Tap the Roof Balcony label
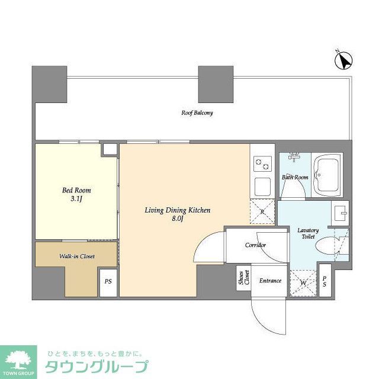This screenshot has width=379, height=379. click(x=197, y=113)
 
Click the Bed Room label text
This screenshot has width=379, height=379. click(x=77, y=191)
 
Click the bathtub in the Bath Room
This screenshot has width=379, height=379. click(x=327, y=175)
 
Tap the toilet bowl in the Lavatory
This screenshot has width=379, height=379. click(x=327, y=245)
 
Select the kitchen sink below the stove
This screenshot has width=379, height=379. click(x=262, y=186)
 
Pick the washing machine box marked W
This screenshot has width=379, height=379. click(x=303, y=283)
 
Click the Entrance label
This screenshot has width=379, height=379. click(x=270, y=281)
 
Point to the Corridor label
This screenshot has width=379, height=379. click(x=255, y=245)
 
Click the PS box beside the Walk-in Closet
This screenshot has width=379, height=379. click(x=108, y=282)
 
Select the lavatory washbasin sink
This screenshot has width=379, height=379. click(x=342, y=213)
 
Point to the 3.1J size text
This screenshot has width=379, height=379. click(x=77, y=200)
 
